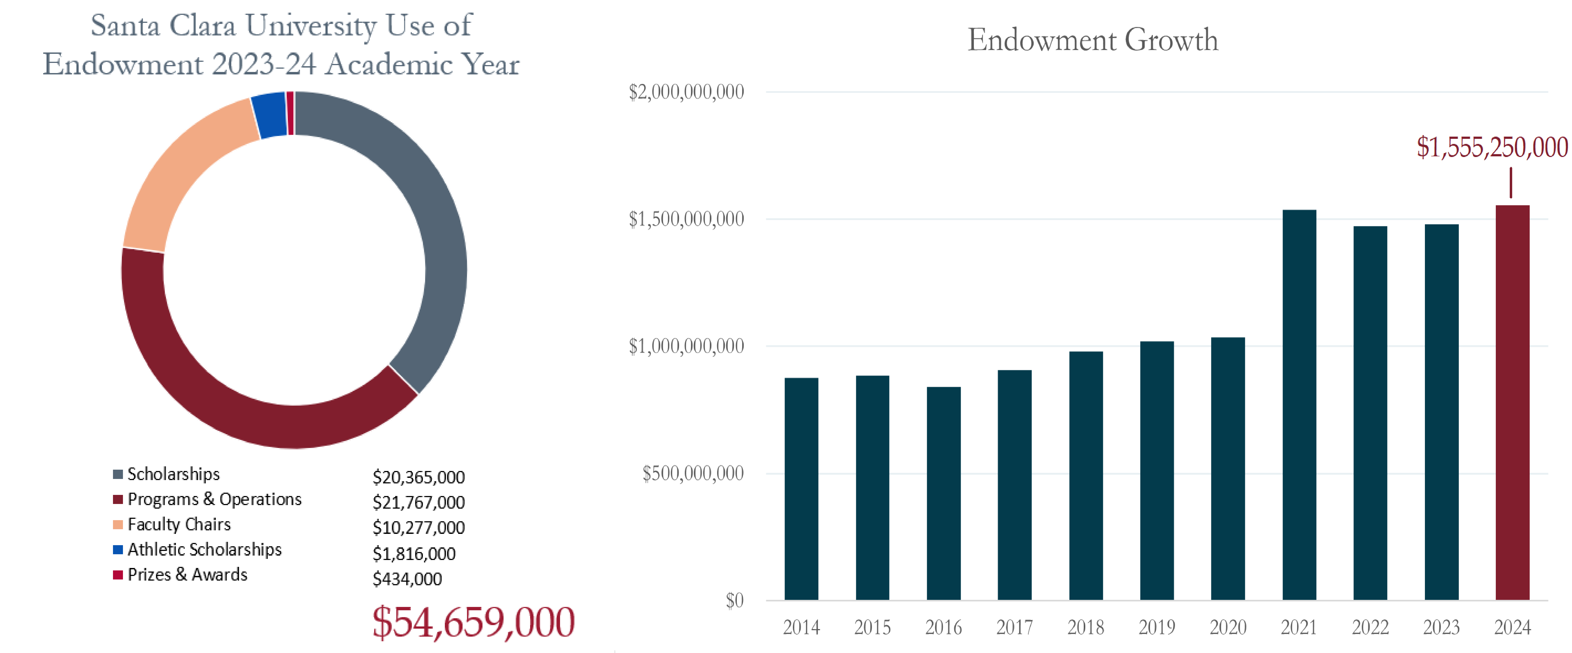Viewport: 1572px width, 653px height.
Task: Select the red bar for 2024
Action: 1512,402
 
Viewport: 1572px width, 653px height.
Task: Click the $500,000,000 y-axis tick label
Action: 693,473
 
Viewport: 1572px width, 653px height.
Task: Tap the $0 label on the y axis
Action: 734,601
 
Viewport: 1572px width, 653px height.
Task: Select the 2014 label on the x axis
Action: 801,627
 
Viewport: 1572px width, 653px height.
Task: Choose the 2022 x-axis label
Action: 1370,627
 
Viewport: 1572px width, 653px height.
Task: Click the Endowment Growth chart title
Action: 1092,40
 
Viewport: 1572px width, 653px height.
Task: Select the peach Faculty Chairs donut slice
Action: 183,177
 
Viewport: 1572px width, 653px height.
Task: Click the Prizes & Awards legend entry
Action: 187,574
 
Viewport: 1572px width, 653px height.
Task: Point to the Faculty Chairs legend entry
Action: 179,524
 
